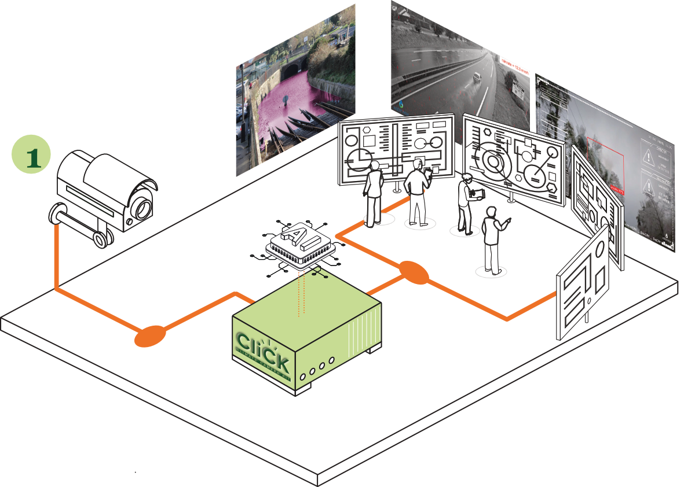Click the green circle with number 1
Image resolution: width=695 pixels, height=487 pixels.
[31, 153]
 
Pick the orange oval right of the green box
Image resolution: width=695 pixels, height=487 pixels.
[414, 272]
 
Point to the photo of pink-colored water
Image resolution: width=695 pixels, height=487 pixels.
[295, 98]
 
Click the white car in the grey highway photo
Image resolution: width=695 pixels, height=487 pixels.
[475, 77]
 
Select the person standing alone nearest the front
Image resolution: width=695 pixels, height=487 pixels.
[493, 239]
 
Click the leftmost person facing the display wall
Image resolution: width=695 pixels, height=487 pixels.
[373, 194]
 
